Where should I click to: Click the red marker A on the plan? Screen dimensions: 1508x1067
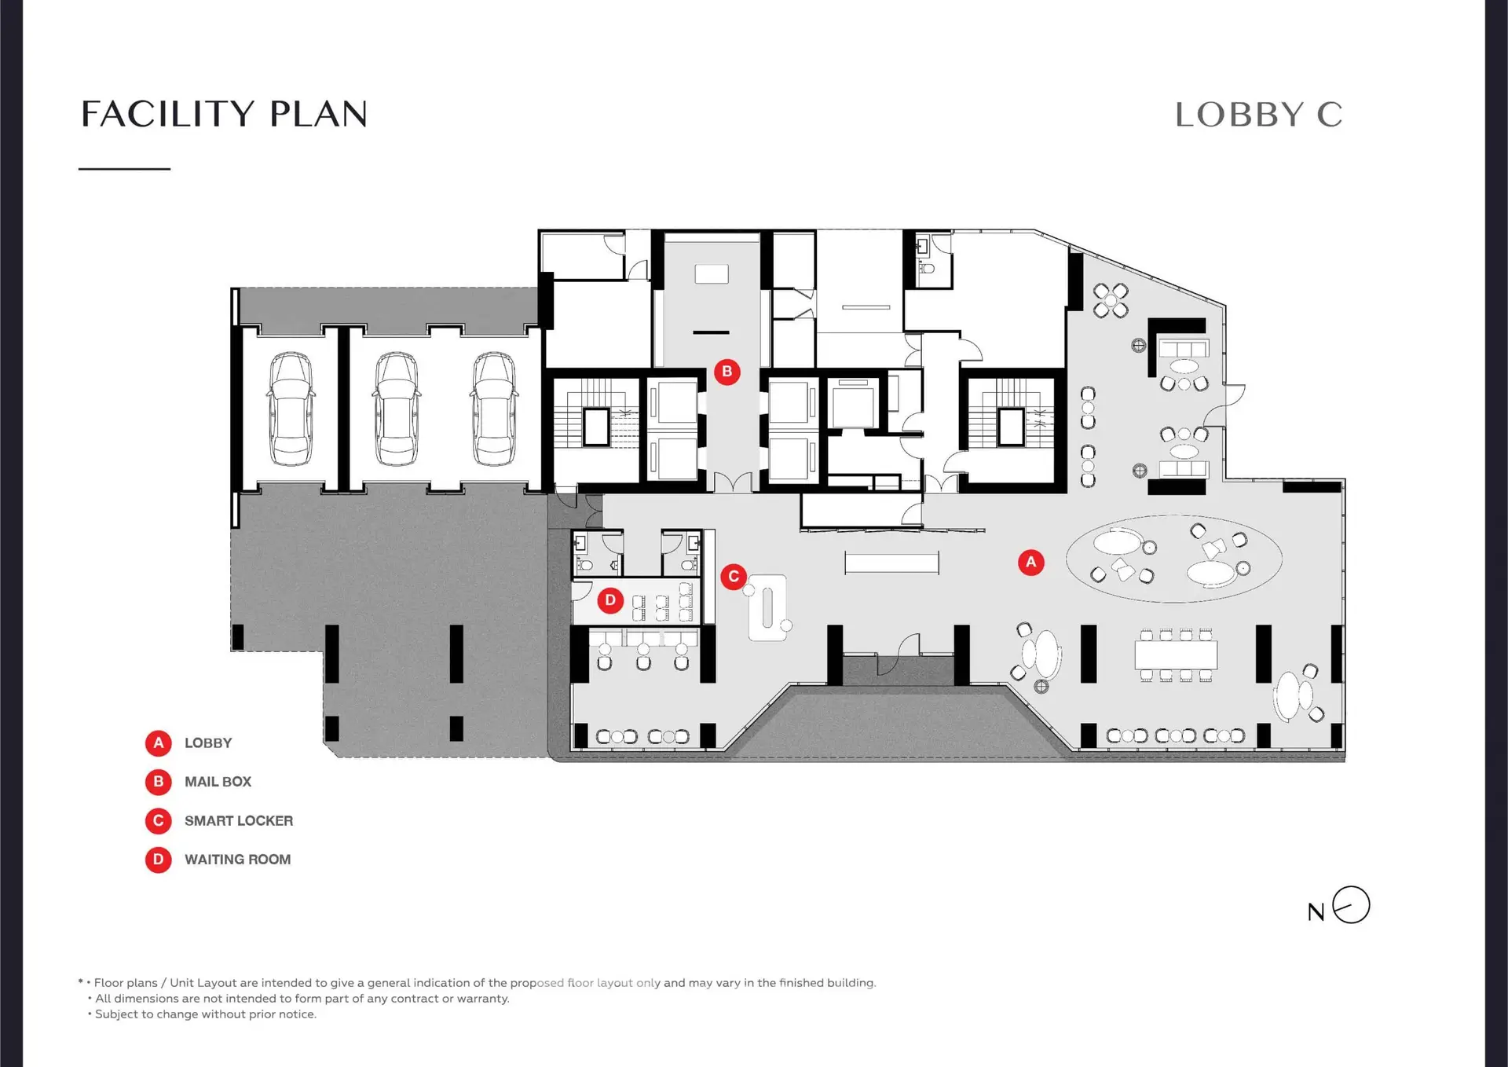1030,562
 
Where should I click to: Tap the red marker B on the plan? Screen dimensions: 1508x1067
727,372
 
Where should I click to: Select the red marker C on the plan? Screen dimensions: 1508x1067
734,577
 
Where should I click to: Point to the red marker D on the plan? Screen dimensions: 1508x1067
610,600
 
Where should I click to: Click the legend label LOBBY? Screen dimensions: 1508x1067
208,743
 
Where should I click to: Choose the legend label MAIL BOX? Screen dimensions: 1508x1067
218,782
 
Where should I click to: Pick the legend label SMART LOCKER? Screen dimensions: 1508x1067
239,821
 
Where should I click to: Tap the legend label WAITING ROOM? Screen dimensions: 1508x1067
237,860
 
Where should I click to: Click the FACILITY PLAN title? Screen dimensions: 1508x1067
224,114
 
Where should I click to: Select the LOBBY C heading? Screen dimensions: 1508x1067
1258,115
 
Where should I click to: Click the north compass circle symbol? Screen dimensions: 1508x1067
1351,904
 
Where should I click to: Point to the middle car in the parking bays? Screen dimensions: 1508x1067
396,409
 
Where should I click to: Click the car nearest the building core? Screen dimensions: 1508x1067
494,409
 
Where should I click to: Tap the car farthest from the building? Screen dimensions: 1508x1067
291,409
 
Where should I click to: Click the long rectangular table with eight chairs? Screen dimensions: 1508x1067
1176,654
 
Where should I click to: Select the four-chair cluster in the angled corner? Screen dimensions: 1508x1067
1111,300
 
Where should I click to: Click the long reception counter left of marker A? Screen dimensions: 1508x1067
891,563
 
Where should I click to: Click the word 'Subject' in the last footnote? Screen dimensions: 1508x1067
115,1014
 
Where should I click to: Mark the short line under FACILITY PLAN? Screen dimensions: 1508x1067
124,168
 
